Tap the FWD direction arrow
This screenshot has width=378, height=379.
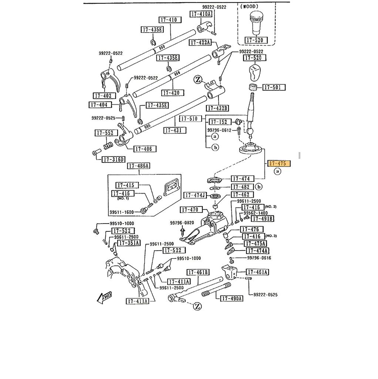pyautogui.click(x=103, y=296)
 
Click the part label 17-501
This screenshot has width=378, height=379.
pyautogui.click(x=274, y=87)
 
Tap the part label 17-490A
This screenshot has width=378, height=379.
pyautogui.click(x=232, y=298)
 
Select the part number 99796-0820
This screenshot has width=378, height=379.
pyautogui.click(x=182, y=223)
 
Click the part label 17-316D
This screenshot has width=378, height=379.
pyautogui.click(x=114, y=160)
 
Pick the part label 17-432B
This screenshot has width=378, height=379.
pyautogui.click(x=217, y=108)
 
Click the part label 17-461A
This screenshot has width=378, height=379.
pyautogui.click(x=257, y=272)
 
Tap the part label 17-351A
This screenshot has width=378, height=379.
pyautogui.click(x=129, y=243)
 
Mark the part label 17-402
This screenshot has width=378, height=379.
pyautogui.click(x=102, y=96)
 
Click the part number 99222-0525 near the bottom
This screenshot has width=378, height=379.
pyautogui.click(x=265, y=295)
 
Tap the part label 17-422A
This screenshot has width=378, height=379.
pyautogui.click(x=200, y=43)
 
